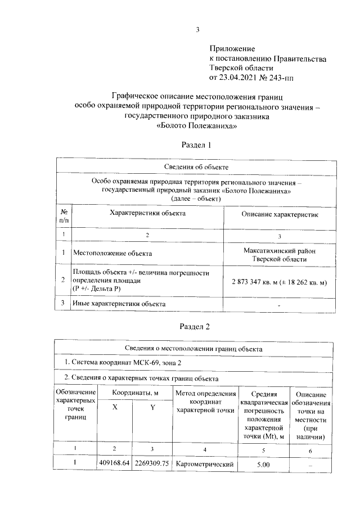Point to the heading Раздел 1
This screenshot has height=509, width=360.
pyautogui.click(x=196, y=145)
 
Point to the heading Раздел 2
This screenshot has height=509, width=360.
pyautogui.click(x=196, y=326)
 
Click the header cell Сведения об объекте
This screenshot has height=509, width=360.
pyautogui.click(x=196, y=167)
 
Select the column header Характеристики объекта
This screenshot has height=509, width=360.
pyautogui.click(x=147, y=213)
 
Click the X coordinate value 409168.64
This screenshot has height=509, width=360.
pyautogui.click(x=114, y=463)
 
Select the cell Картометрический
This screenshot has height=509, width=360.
pyautogui.click(x=204, y=464)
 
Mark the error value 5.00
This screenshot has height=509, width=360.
pyautogui.click(x=263, y=464)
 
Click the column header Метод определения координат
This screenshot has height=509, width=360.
pyautogui.click(x=205, y=402)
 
